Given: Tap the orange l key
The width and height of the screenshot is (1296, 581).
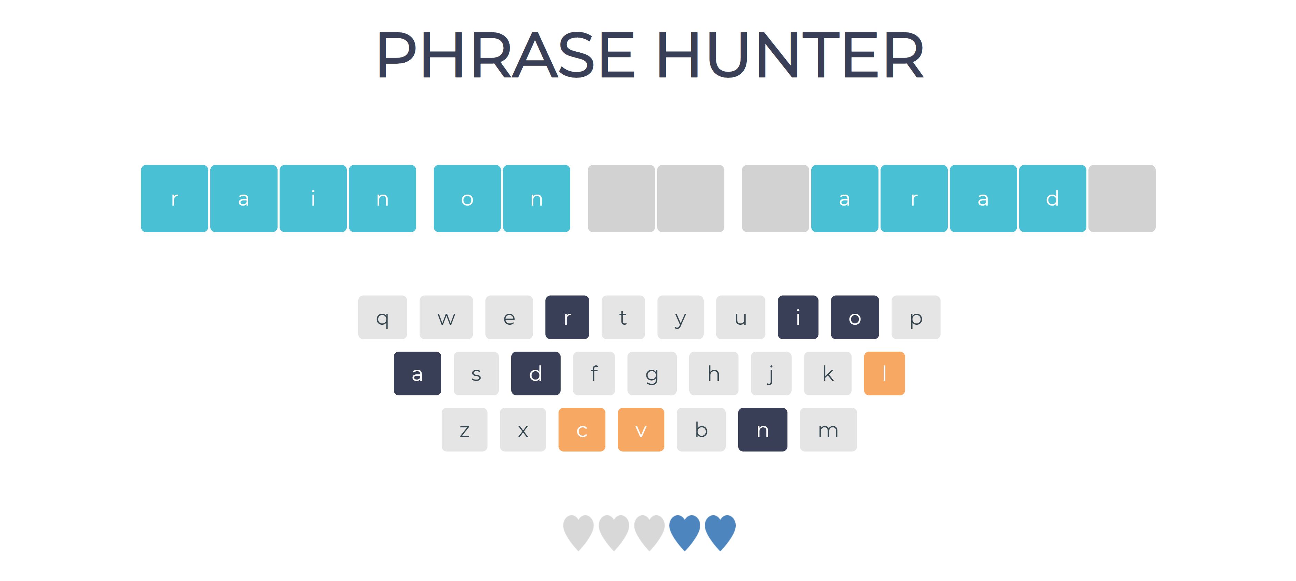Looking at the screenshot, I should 884,373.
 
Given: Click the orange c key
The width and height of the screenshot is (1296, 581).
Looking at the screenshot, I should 582,430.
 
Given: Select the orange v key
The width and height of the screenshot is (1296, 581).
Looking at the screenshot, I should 641,430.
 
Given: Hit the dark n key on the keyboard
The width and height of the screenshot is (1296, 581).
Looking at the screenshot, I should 762,430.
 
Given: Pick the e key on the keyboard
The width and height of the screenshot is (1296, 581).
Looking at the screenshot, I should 509,317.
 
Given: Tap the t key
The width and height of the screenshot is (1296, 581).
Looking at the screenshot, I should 623,317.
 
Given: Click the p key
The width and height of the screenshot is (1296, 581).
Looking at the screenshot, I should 916,317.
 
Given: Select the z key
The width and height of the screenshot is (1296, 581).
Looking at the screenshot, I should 464,430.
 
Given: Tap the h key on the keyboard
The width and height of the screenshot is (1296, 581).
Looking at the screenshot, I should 713,373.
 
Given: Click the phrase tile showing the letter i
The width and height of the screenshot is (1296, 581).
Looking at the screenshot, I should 313,198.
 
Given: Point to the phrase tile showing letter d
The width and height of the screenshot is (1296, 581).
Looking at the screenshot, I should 1052,198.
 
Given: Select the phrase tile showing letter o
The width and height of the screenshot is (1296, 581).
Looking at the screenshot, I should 467,198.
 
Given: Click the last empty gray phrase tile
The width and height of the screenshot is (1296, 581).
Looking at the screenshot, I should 1122,198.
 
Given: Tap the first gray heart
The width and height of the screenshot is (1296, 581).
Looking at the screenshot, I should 578,532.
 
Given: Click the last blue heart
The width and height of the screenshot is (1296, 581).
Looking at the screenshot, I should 720,532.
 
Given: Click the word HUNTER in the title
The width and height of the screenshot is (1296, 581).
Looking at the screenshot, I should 790,54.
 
